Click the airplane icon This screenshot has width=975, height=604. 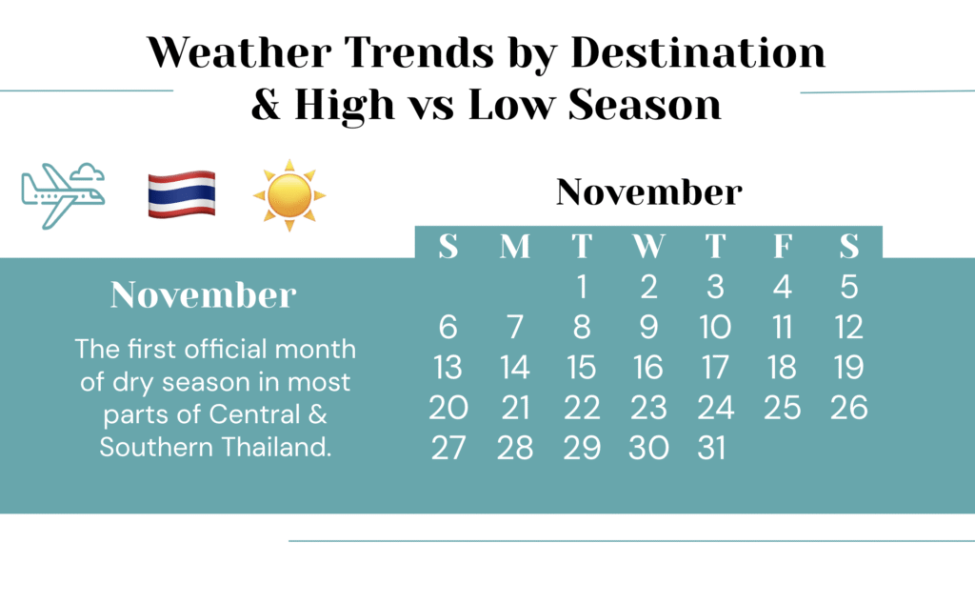[62, 193]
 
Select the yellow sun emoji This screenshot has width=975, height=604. [289, 194]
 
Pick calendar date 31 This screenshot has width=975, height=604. [715, 448]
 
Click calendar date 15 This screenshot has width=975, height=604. [582, 368]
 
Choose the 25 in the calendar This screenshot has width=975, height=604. [782, 408]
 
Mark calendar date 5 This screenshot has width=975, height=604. [849, 287]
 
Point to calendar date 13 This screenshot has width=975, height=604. [448, 368]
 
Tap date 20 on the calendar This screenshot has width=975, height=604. [448, 408]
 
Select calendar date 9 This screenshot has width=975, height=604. [648, 328]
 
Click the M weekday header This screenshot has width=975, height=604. [515, 247]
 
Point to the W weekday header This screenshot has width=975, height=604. [648, 247]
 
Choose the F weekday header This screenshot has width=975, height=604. [782, 247]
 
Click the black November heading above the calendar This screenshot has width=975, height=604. [648, 192]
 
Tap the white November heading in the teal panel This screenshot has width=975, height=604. [203, 294]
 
